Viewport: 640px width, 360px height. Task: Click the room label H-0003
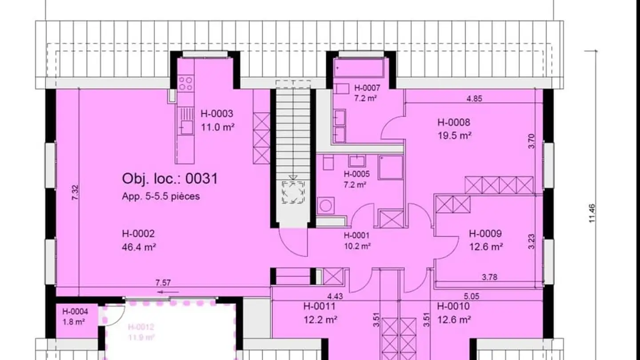[216, 114]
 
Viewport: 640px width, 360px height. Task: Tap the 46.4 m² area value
[139, 247]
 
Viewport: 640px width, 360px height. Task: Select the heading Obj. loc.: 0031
[170, 179]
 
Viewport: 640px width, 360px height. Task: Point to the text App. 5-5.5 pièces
[161, 196]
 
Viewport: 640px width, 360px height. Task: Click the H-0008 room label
[454, 122]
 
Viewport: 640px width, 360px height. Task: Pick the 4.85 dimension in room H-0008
[474, 99]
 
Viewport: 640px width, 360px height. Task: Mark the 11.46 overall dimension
[592, 213]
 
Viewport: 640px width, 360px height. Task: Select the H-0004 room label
[75, 312]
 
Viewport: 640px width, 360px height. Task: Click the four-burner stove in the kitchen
[186, 83]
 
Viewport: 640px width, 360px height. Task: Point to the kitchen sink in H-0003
[186, 127]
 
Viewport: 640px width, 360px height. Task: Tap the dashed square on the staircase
[293, 192]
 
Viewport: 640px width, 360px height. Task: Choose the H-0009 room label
[485, 233]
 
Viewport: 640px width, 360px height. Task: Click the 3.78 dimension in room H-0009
[489, 277]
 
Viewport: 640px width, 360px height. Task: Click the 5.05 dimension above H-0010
[472, 296]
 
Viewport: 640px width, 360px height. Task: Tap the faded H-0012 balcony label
[141, 328]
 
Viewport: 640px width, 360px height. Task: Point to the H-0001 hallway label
[356, 236]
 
